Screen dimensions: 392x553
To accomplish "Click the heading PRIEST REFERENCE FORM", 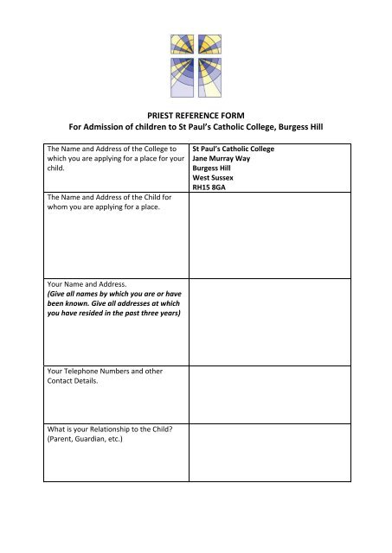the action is (x=196, y=113).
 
